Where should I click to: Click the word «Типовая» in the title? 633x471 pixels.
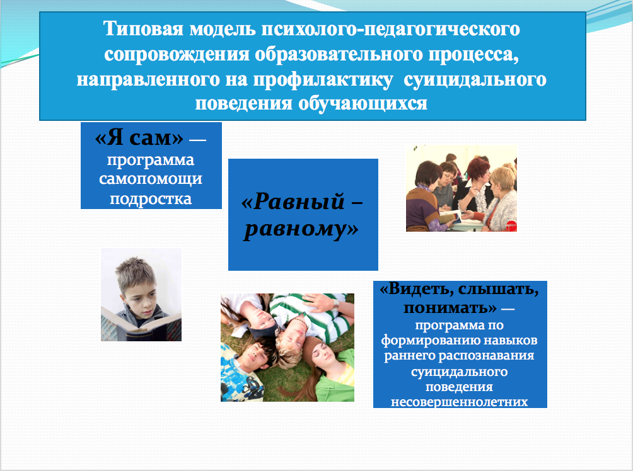(x=143, y=29)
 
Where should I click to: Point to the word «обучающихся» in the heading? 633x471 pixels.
(x=363, y=104)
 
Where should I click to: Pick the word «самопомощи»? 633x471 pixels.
(x=151, y=179)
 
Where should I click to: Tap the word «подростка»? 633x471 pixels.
(x=151, y=198)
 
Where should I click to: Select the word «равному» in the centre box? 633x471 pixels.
(x=301, y=229)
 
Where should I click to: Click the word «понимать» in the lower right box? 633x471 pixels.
(x=450, y=307)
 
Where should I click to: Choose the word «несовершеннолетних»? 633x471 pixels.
(x=460, y=402)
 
